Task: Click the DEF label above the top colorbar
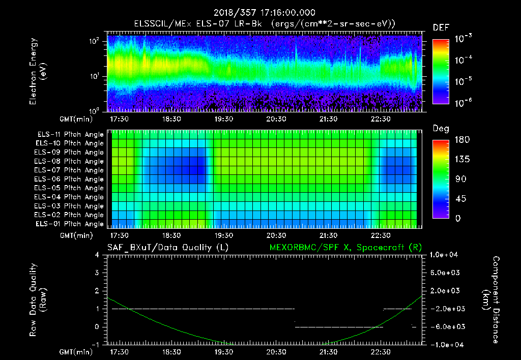[x=441, y=28]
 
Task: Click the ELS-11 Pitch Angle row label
[x=70, y=135]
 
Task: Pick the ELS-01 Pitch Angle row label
[x=70, y=224]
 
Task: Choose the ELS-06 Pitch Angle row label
[x=70, y=179]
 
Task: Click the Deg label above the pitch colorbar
[x=441, y=129]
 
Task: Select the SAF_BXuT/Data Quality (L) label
[x=167, y=247]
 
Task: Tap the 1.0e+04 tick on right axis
[x=446, y=255]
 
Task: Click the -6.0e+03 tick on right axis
[x=446, y=326]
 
